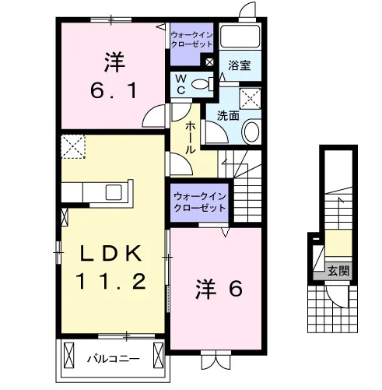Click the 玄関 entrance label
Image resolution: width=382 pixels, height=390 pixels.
338,271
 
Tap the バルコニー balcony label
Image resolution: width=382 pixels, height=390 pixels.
114,359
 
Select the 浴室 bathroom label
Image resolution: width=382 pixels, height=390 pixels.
240,65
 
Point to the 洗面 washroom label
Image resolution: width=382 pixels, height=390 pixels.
228,116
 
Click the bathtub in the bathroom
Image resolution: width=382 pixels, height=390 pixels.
240,36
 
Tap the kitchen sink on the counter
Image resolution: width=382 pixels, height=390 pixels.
114,192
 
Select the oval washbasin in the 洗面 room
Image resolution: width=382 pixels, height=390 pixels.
251,132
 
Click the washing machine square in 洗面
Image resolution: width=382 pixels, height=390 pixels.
250,99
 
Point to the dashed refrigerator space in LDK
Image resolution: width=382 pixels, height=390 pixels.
73,146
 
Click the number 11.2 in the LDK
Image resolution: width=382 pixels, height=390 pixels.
110,282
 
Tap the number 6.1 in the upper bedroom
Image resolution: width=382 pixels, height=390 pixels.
114,91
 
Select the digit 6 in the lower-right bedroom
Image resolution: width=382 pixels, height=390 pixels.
236,289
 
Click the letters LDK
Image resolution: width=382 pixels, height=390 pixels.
111,253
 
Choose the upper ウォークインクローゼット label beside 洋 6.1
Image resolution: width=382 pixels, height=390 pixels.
192,40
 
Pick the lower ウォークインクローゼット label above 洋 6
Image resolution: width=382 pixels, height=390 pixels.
200,202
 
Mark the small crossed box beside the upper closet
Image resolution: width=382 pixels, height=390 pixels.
209,62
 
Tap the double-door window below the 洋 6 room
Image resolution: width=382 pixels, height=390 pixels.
216,360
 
